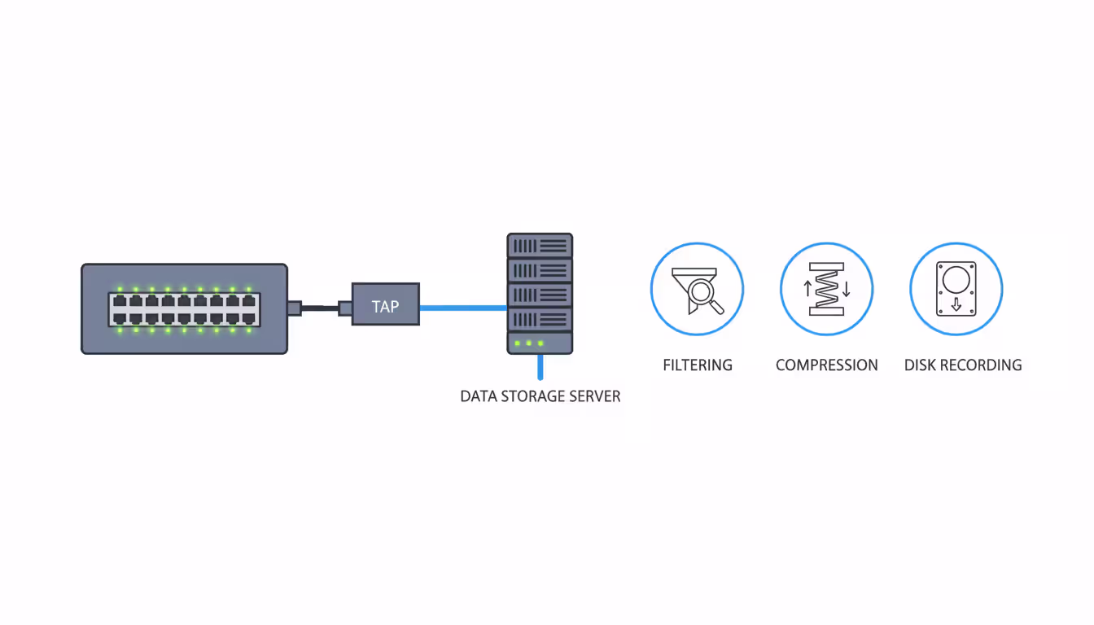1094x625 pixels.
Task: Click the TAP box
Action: (385, 304)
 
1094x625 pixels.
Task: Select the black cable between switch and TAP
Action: (322, 308)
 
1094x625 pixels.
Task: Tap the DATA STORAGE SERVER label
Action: (540, 396)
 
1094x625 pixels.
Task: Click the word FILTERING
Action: (698, 365)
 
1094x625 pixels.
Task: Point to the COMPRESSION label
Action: (826, 365)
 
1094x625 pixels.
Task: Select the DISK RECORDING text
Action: (963, 365)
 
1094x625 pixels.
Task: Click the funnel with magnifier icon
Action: (696, 290)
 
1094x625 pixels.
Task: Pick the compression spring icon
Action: (826, 289)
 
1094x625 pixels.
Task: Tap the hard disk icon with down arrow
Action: (956, 289)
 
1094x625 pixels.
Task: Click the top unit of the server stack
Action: (540, 246)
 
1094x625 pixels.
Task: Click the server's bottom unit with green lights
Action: (540, 343)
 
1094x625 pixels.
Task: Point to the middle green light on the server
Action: (528, 343)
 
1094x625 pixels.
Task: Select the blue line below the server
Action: (540, 368)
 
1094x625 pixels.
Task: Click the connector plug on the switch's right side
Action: (295, 308)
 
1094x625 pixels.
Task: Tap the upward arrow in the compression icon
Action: (807, 288)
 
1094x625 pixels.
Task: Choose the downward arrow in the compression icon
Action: (847, 288)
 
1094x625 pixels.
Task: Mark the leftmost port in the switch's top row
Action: (119, 301)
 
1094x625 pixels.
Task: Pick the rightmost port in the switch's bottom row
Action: (249, 317)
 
